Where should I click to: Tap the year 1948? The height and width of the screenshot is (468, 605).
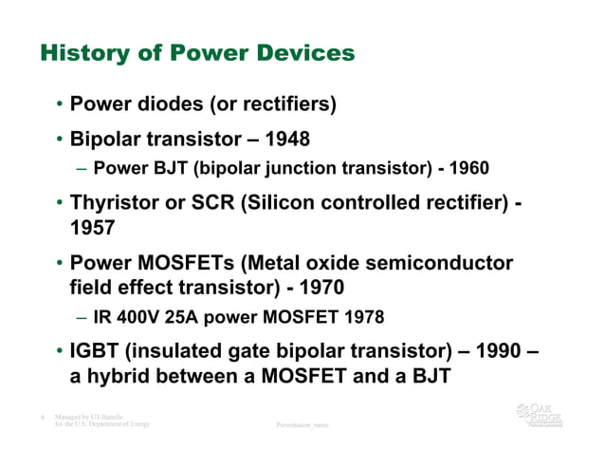point(288,140)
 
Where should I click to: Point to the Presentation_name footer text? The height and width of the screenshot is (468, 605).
point(302,425)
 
